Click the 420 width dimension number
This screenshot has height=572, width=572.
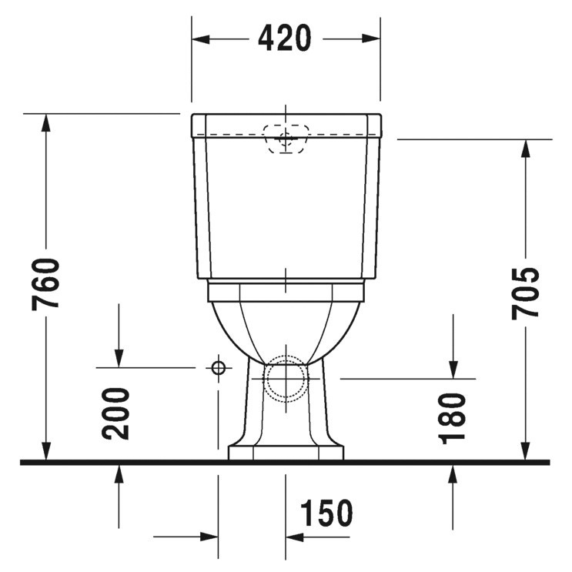(285, 38)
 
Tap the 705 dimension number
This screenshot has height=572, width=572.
(527, 293)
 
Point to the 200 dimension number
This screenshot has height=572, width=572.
(118, 413)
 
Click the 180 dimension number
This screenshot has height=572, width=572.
(454, 416)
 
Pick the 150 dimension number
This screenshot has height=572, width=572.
(326, 513)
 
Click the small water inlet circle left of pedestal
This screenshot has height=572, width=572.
(219, 368)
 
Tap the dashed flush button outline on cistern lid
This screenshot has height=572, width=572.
(286, 138)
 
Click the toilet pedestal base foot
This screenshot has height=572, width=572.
(286, 452)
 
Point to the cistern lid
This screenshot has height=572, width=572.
(286, 124)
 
